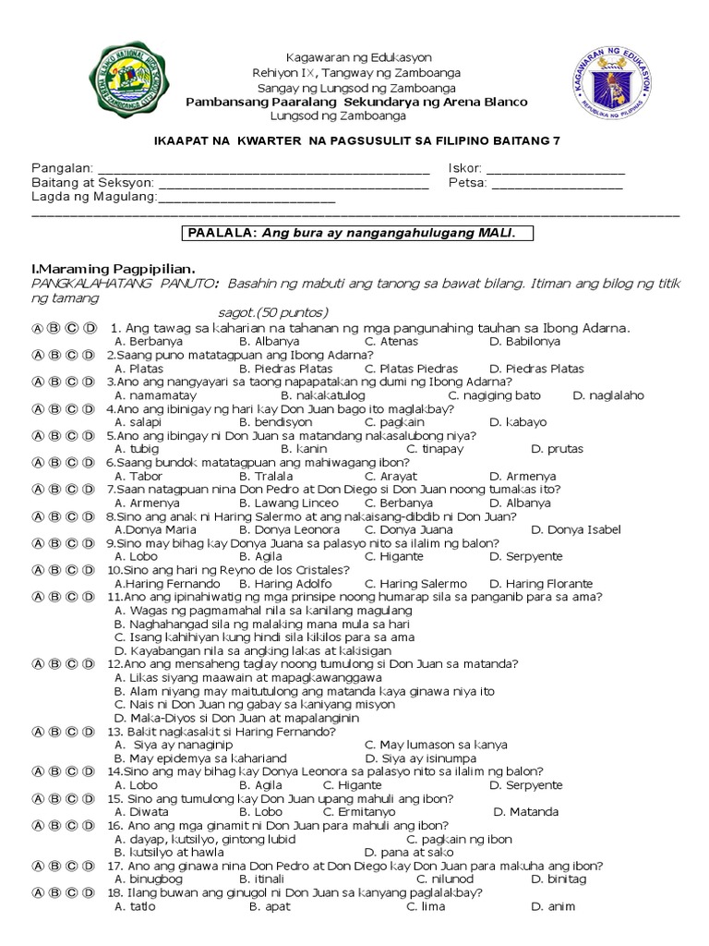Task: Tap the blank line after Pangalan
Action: pyautogui.click(x=263, y=171)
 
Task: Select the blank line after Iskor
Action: pyautogui.click(x=555, y=171)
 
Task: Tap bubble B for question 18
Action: pyautogui.click(x=54, y=892)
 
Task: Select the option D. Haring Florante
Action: pyautogui.click(x=541, y=584)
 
